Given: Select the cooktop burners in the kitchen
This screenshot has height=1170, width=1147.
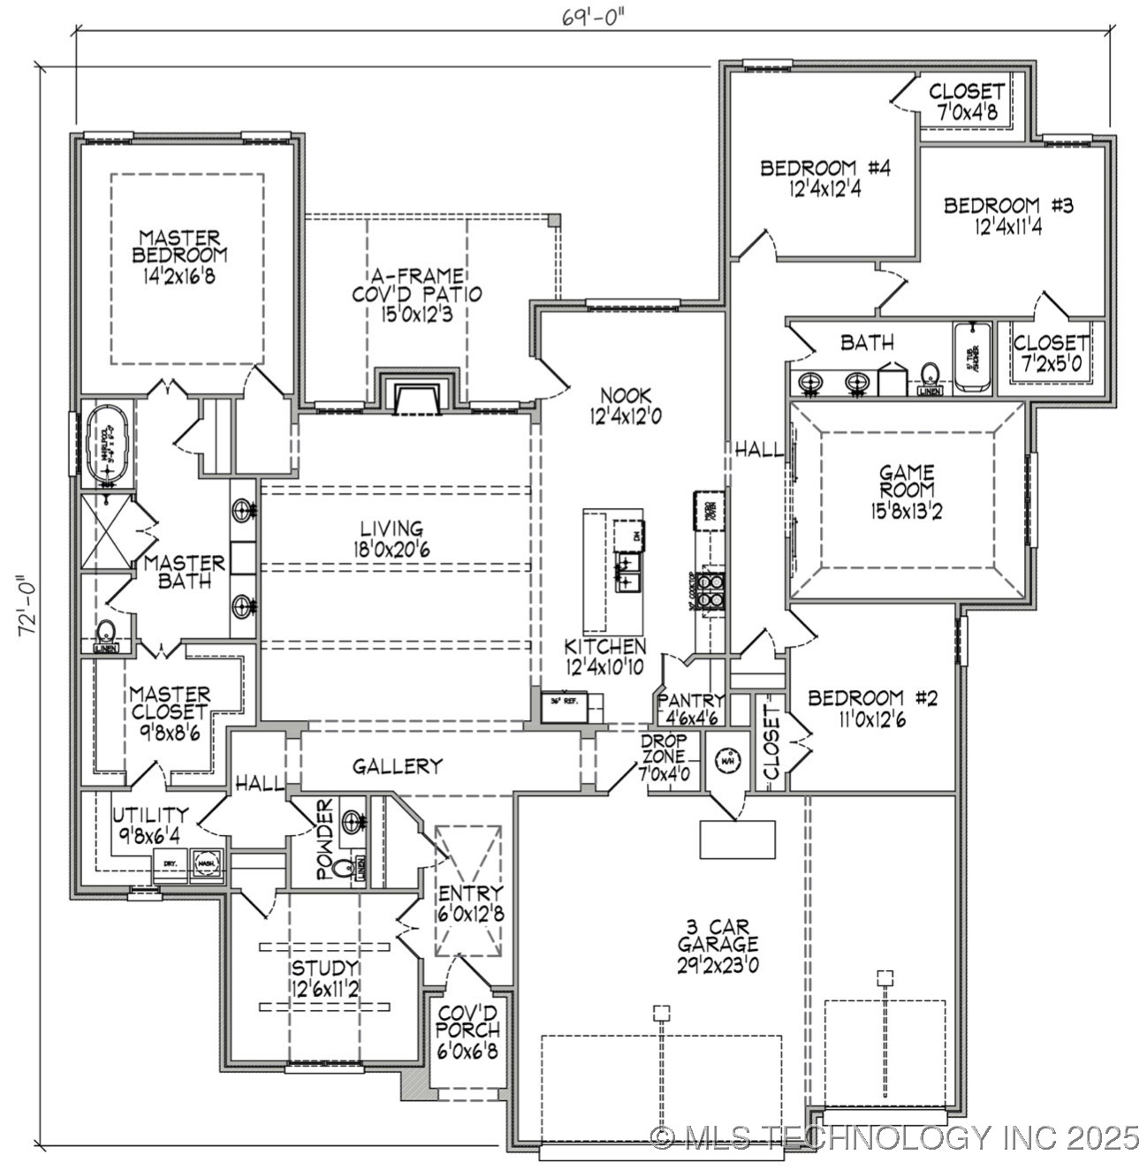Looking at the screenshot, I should point(710,590).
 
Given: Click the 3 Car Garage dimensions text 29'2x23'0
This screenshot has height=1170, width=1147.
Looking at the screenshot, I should point(718,964).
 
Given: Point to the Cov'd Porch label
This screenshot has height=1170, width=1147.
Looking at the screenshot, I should point(468,1022).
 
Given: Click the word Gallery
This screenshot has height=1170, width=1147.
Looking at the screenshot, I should point(398,766).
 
